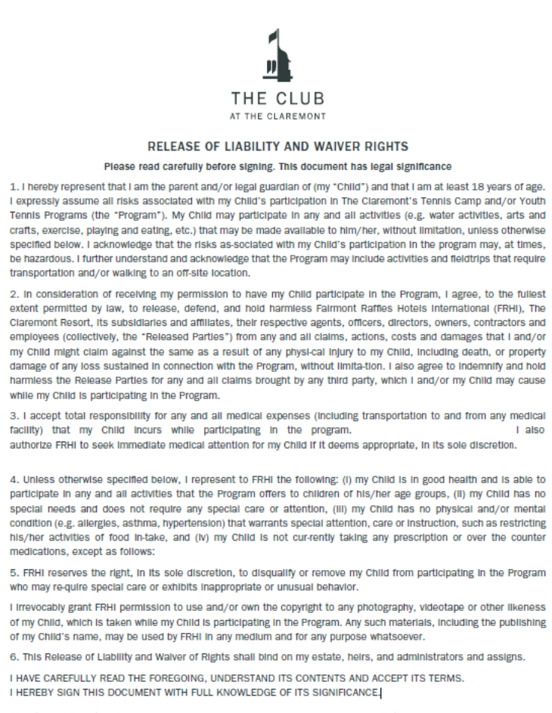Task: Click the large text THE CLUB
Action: pos(278,98)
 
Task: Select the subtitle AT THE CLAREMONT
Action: pos(278,116)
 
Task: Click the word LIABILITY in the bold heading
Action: pos(238,146)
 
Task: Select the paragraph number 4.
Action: pos(12,479)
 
